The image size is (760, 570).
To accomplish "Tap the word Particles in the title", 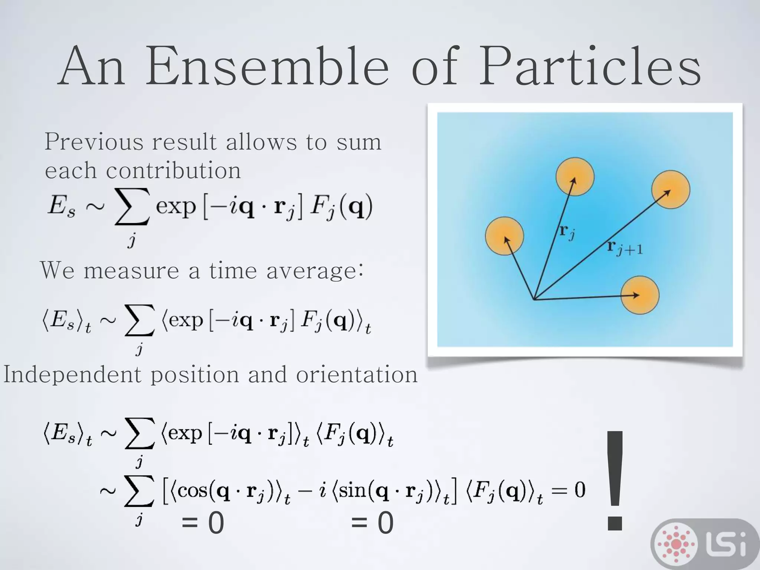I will pos(590,67).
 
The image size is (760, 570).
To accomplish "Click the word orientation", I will pos(357,375).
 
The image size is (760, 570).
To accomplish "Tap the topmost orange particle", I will pos(575,176).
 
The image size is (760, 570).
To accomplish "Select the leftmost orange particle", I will pos(504,236).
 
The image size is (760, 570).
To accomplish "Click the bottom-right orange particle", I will pos(640,295).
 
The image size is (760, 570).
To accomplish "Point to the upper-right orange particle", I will pos(671,190).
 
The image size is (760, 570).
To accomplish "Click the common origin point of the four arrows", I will pos(534,299).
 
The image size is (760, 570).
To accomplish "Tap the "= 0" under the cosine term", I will pos(203,523).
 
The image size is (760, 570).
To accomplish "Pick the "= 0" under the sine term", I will pos(372,523).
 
